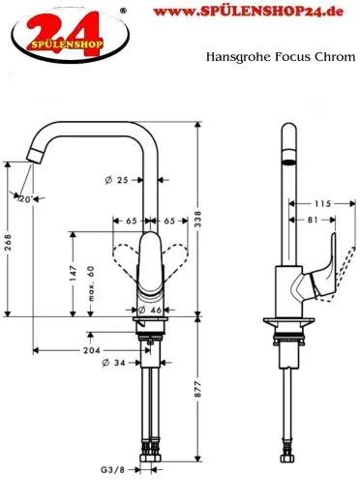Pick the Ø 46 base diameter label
(x=148, y=309)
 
